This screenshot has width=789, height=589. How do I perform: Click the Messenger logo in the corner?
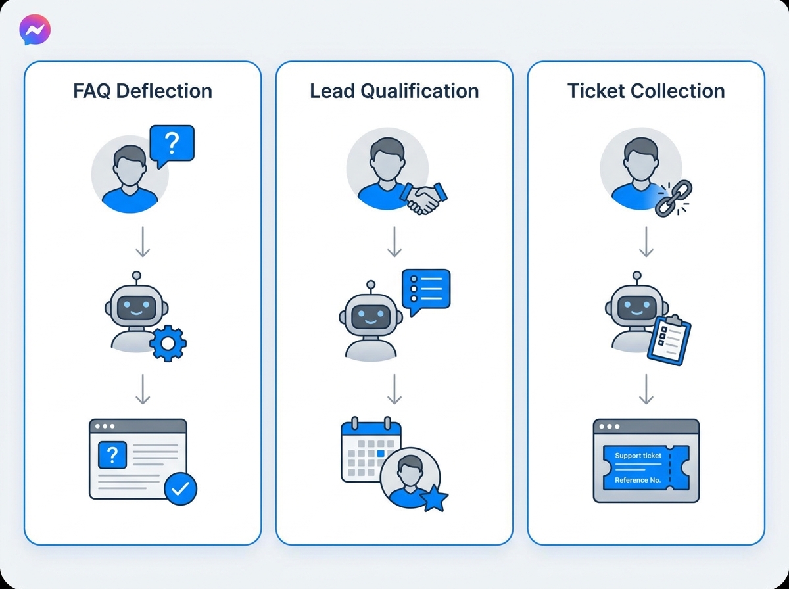point(35,30)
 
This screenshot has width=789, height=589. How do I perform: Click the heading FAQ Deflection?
point(143,91)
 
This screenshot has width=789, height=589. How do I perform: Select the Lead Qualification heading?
point(394,91)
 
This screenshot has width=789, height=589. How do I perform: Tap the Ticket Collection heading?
point(646,91)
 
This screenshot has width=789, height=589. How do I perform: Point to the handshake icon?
point(424,198)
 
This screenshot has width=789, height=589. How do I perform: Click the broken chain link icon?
point(673,199)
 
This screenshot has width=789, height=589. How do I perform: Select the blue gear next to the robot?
point(168,343)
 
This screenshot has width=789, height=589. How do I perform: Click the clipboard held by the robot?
point(669,340)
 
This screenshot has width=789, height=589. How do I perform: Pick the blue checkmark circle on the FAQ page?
point(180,488)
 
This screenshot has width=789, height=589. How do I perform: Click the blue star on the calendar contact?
point(434,498)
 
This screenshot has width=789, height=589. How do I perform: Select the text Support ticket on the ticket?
point(638,456)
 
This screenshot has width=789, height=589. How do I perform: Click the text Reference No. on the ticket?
point(638,480)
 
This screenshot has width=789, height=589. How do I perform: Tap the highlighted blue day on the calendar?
point(381,454)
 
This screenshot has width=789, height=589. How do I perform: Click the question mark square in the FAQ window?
point(112,455)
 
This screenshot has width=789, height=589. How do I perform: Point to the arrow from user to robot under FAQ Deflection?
point(143,241)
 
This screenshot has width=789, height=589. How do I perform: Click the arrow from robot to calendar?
point(394,390)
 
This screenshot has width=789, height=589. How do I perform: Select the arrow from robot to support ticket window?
point(646,390)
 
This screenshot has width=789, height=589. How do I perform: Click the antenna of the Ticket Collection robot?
point(637,279)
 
